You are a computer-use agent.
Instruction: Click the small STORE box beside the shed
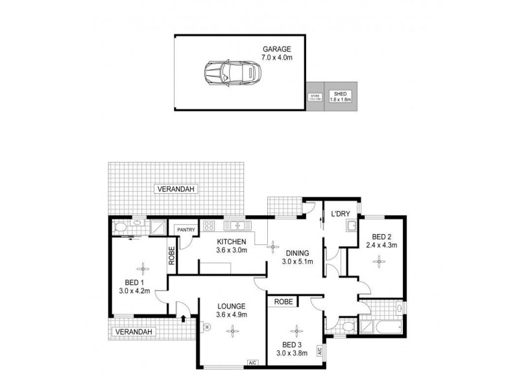315,97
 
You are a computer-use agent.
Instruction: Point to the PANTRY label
182,230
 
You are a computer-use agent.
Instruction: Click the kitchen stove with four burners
210,226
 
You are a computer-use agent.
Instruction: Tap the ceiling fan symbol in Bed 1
141,266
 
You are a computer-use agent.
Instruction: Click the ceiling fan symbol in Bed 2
378,261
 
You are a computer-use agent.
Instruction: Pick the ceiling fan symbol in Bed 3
296,329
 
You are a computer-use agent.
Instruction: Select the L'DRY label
341,215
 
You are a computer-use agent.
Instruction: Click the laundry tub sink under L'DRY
351,226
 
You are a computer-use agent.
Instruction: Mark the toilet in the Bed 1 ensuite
119,227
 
